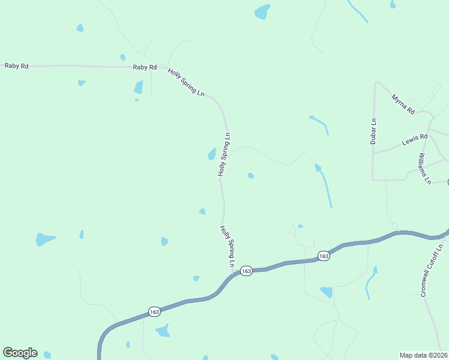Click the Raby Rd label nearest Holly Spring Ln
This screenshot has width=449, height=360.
(x=145, y=68)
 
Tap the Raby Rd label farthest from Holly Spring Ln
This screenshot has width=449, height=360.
(x=16, y=65)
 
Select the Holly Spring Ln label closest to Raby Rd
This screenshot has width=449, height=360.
(x=187, y=83)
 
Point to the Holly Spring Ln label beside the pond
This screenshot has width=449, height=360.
(x=224, y=154)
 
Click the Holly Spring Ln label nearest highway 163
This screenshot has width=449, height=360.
(x=227, y=246)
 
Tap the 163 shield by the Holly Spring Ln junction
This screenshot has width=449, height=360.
(x=246, y=271)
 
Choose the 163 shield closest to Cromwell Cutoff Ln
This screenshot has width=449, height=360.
(x=324, y=256)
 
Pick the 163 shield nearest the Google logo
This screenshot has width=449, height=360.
(x=154, y=311)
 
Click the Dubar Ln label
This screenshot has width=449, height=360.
(x=373, y=131)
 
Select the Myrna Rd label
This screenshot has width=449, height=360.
(x=403, y=104)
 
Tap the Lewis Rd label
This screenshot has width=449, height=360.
(x=414, y=140)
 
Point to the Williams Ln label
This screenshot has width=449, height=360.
(x=425, y=168)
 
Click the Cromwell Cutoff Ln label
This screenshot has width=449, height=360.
(x=431, y=270)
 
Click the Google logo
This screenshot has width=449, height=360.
(x=20, y=353)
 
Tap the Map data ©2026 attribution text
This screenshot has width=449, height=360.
(x=424, y=355)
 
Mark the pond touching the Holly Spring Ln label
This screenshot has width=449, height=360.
(x=212, y=154)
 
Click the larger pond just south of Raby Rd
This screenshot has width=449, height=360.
(x=139, y=88)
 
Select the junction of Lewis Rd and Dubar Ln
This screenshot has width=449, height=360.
(x=373, y=151)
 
